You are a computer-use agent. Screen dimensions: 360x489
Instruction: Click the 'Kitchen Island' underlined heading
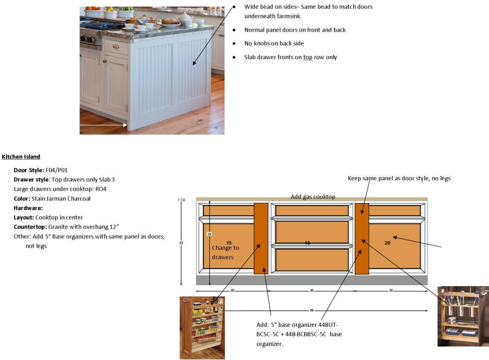click(21, 157)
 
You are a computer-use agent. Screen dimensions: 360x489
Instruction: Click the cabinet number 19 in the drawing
click(229, 243)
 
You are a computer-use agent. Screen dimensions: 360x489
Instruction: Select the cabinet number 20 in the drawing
click(387, 243)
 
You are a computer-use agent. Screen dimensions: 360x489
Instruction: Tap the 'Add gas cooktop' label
click(312, 197)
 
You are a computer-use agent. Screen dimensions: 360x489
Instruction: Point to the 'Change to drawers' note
click(225, 252)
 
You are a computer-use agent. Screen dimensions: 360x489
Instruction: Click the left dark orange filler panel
click(261, 238)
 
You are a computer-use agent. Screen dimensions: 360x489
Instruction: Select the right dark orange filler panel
click(362, 238)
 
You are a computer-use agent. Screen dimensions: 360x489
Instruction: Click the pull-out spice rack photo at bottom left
click(202, 327)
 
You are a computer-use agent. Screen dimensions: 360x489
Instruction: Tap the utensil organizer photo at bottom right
click(462, 316)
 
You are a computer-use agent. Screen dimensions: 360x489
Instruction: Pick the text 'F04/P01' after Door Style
click(57, 170)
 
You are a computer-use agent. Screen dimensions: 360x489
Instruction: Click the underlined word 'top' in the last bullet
click(308, 57)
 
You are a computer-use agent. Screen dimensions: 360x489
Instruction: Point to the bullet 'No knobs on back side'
click(274, 43)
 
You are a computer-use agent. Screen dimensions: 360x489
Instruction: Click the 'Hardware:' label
click(28, 208)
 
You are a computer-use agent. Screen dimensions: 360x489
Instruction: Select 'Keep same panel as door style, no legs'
click(399, 178)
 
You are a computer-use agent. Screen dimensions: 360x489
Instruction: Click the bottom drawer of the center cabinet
click(312, 260)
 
